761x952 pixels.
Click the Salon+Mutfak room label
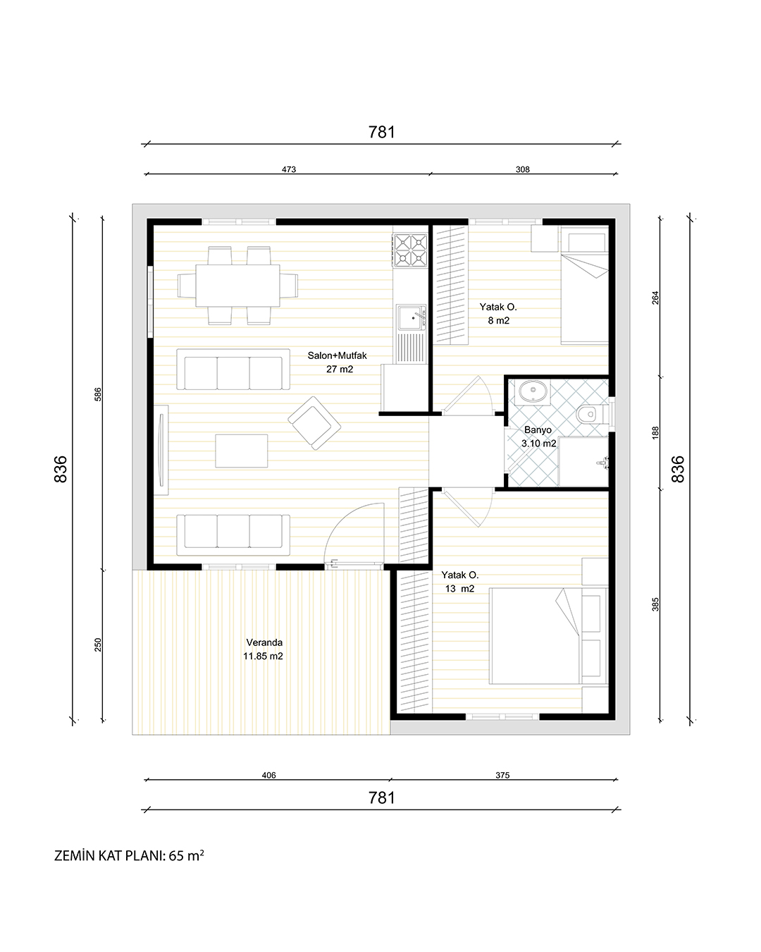click(x=337, y=355)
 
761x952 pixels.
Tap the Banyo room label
click(x=538, y=429)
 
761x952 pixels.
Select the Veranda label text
click(x=264, y=642)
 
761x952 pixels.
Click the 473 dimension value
click(x=289, y=169)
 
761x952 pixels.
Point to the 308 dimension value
click(x=522, y=169)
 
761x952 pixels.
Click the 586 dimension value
click(x=98, y=394)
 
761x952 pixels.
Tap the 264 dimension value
click(x=655, y=298)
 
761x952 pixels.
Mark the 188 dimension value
click(x=655, y=433)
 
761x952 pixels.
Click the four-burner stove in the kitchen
click(x=410, y=250)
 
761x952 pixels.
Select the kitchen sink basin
click(x=411, y=317)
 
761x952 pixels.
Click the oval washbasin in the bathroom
click(x=533, y=391)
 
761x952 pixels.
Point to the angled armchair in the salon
click(x=314, y=423)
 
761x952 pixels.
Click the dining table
click(x=237, y=286)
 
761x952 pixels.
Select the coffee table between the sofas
click(x=242, y=451)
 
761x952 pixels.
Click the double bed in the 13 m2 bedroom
click(x=549, y=635)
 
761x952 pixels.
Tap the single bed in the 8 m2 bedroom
click(x=585, y=286)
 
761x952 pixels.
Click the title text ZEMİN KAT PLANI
click(x=110, y=855)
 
